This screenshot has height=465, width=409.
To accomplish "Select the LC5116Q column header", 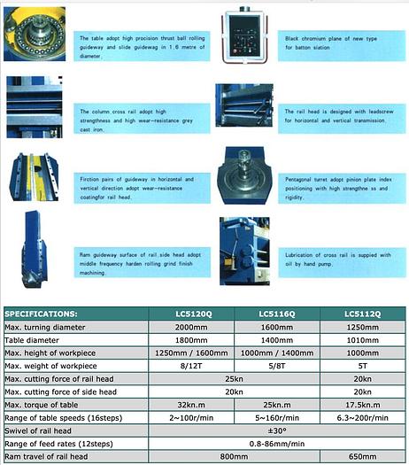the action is click(277, 314).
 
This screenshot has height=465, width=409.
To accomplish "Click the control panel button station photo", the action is click(241, 36).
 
